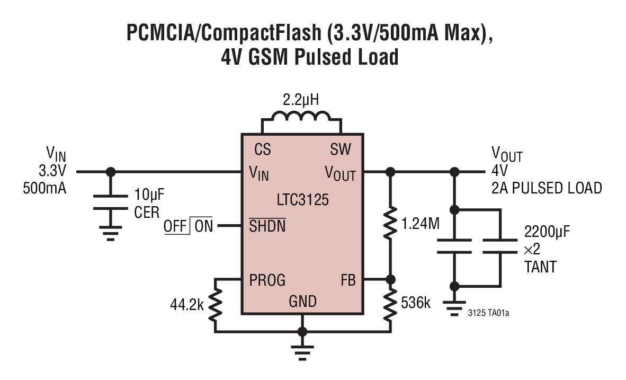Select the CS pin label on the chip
point(262,150)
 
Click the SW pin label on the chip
point(340,150)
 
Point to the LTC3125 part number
point(302,200)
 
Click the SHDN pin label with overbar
point(267,226)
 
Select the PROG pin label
point(267,280)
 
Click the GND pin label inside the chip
point(302,302)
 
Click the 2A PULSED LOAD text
point(547,188)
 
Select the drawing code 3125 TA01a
point(489,313)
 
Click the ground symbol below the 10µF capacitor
point(110,233)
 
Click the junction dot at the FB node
point(391,279)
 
